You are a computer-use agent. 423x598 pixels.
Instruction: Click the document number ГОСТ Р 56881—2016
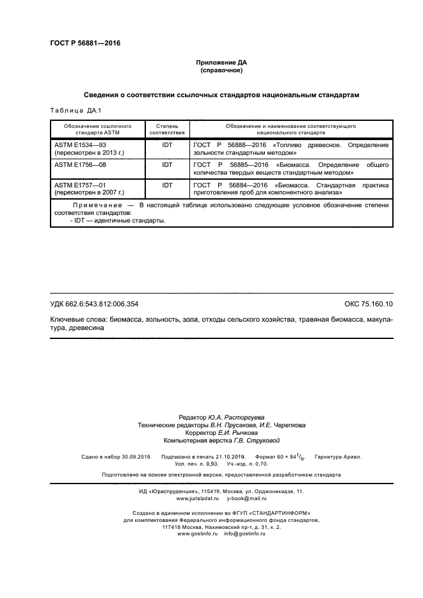click(x=85, y=43)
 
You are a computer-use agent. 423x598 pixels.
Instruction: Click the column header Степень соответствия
click(x=167, y=129)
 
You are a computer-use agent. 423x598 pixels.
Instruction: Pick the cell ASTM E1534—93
click(x=80, y=145)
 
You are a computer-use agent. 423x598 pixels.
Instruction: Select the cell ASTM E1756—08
click(x=80, y=164)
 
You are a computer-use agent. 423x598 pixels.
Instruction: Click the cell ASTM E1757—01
click(x=80, y=184)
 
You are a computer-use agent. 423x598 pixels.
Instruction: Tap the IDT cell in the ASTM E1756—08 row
click(x=167, y=164)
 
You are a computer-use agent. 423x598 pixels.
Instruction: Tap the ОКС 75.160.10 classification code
click(x=369, y=304)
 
